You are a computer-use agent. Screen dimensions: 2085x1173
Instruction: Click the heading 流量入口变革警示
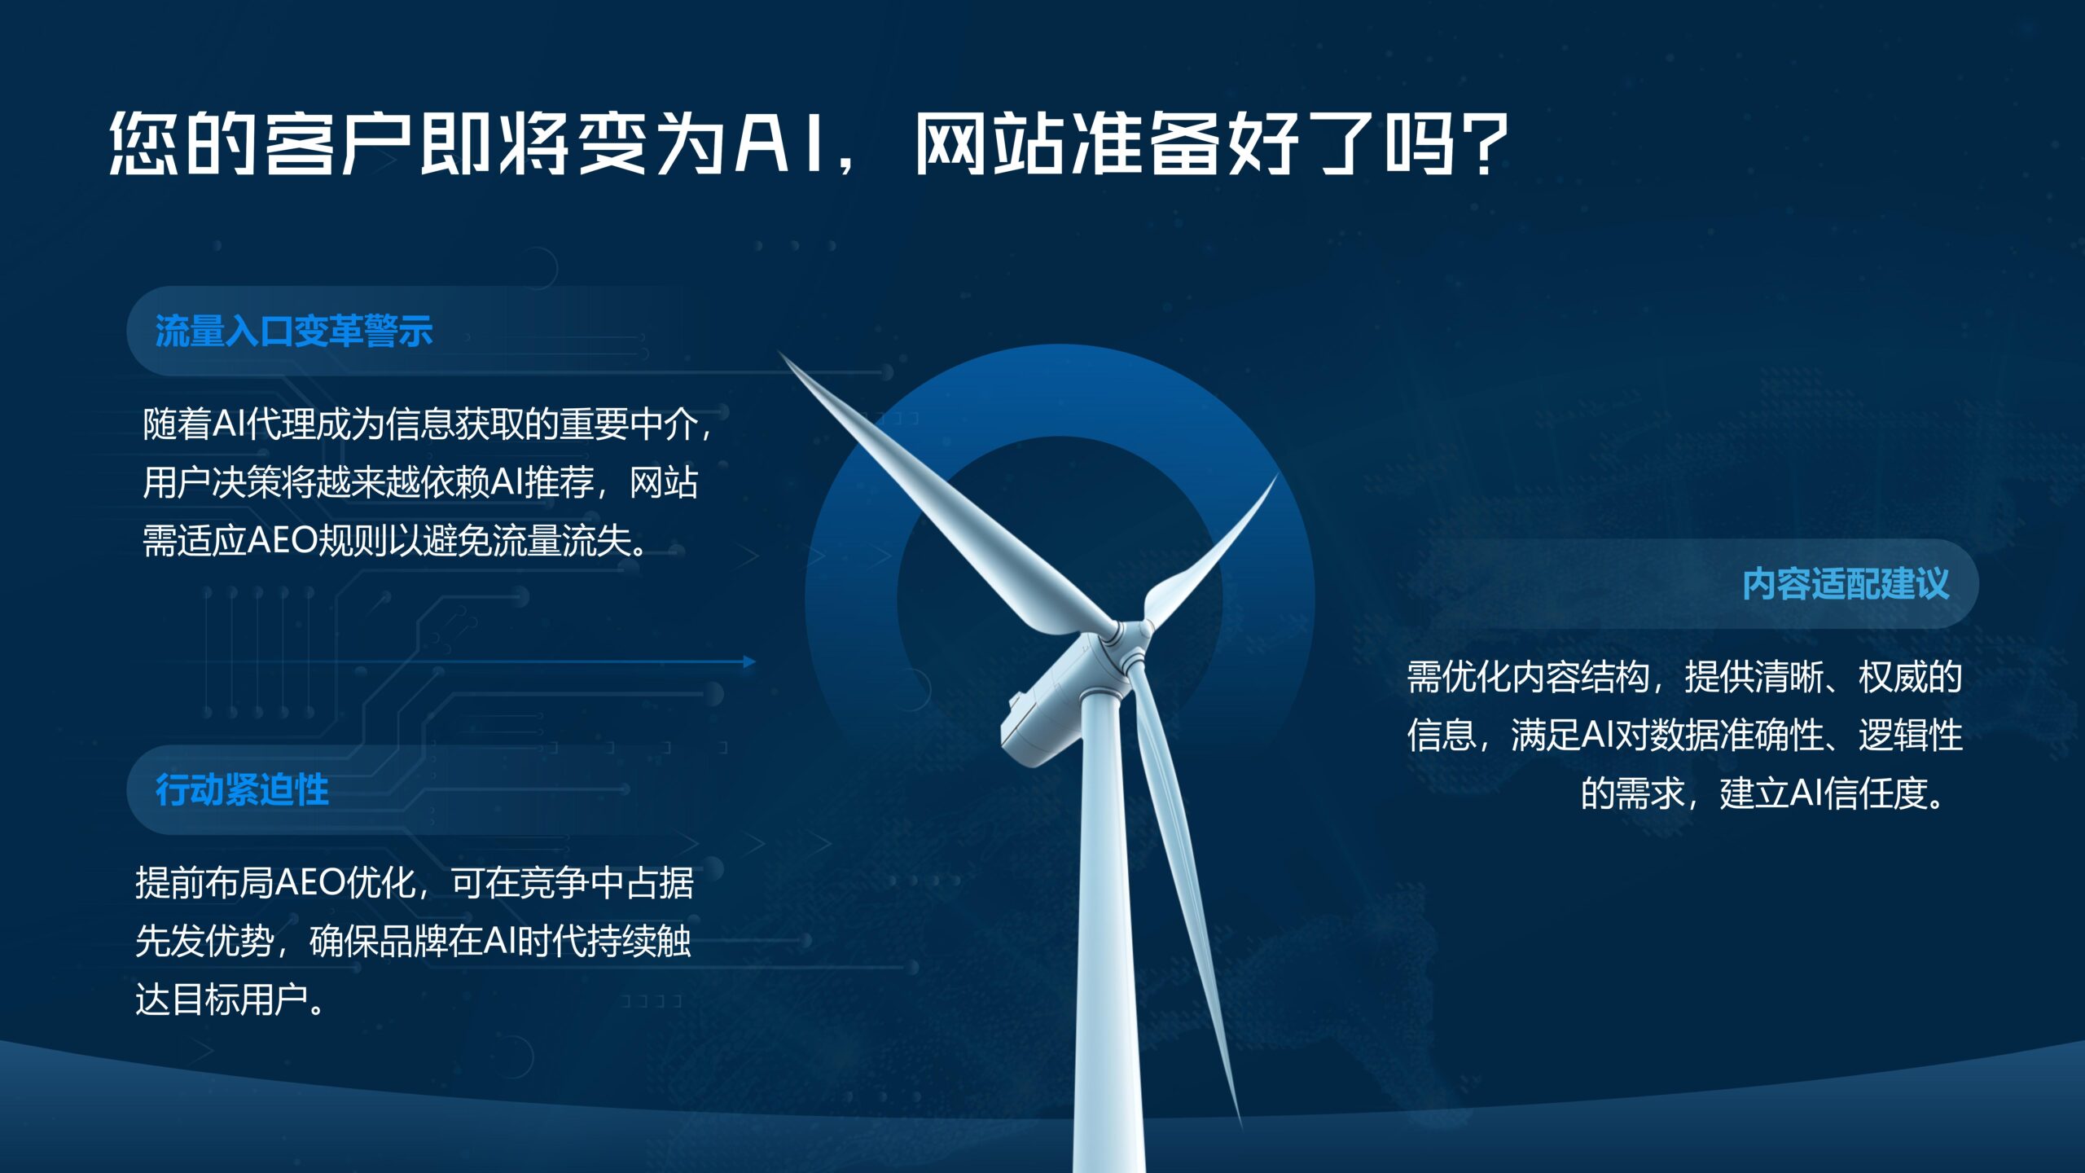pyautogui.click(x=294, y=332)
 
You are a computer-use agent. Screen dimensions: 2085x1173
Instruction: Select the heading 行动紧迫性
pyautogui.click(x=242, y=790)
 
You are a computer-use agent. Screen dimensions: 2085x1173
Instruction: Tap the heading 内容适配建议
pyautogui.click(x=1846, y=584)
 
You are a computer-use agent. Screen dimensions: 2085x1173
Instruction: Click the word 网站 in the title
pyautogui.click(x=990, y=144)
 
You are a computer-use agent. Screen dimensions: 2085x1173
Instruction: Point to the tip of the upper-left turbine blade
pyautogui.click(x=779, y=353)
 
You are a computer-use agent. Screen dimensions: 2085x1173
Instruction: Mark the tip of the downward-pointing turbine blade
pyautogui.click(x=1240, y=1124)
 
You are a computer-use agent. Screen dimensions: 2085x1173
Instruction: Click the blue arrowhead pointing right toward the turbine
pyautogui.click(x=749, y=661)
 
